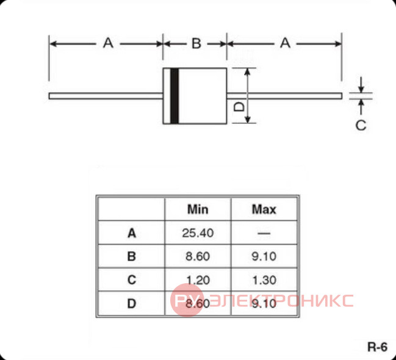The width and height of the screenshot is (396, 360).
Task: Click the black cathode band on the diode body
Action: pos(175,96)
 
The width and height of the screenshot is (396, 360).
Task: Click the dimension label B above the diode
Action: pos(196,43)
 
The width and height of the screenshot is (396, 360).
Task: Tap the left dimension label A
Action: pos(108,43)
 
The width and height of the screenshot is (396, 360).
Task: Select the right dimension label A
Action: pos(286,43)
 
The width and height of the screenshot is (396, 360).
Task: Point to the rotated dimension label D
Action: pos(239,106)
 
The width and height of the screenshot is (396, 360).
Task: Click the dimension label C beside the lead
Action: pos(361,125)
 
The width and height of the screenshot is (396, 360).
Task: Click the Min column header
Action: pos(198,209)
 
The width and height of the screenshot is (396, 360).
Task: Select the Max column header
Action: pos(264,209)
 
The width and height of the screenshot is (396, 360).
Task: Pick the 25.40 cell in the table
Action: pos(198,233)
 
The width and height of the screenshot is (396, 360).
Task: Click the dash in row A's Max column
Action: pos(264,233)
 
